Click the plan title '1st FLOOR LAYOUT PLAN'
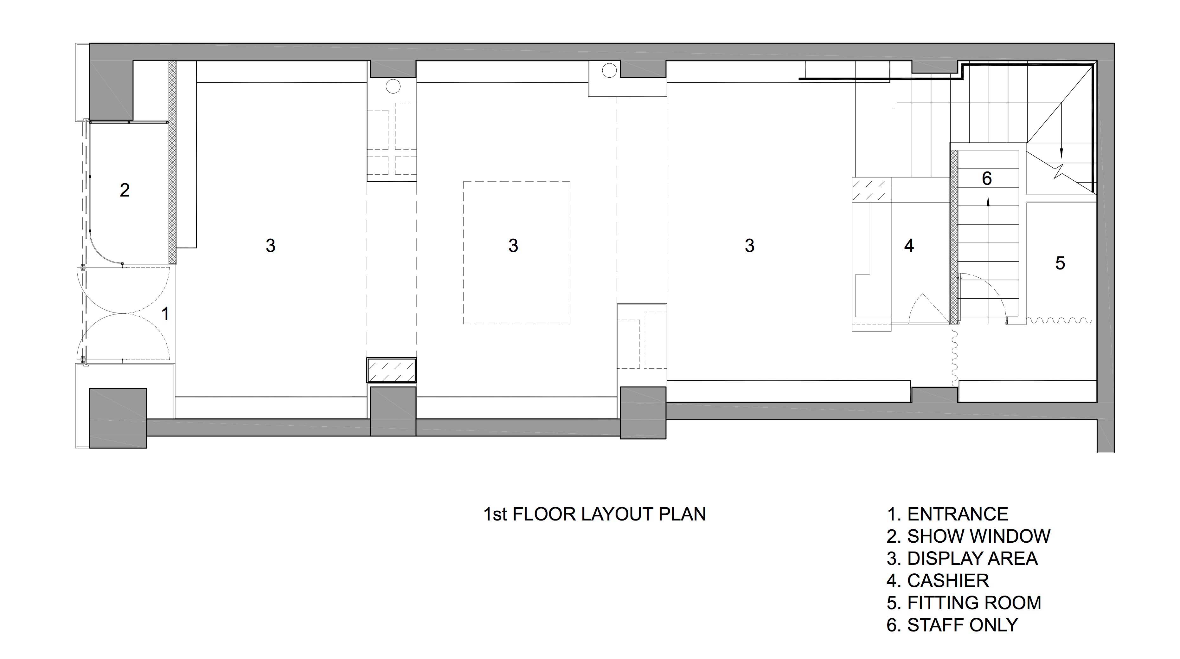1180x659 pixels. [594, 514]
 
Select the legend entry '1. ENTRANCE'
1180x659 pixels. [947, 514]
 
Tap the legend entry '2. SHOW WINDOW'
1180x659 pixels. [968, 536]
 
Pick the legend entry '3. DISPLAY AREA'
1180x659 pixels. [962, 558]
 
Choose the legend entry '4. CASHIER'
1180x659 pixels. [938, 581]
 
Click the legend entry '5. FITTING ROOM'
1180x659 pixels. [964, 603]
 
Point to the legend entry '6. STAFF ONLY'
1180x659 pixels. [952, 625]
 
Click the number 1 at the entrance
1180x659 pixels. [165, 314]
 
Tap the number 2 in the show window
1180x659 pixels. [125, 190]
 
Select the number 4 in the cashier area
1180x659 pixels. [909, 246]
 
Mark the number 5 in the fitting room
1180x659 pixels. [1060, 263]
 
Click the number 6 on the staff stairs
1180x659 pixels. [987, 178]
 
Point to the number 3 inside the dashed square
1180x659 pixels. [513, 246]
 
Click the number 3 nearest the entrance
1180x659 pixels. [270, 246]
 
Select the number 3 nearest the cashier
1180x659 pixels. [749, 246]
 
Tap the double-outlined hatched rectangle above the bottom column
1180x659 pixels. [392, 370]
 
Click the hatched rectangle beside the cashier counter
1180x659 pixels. [871, 190]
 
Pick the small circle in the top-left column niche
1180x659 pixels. [393, 86]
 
